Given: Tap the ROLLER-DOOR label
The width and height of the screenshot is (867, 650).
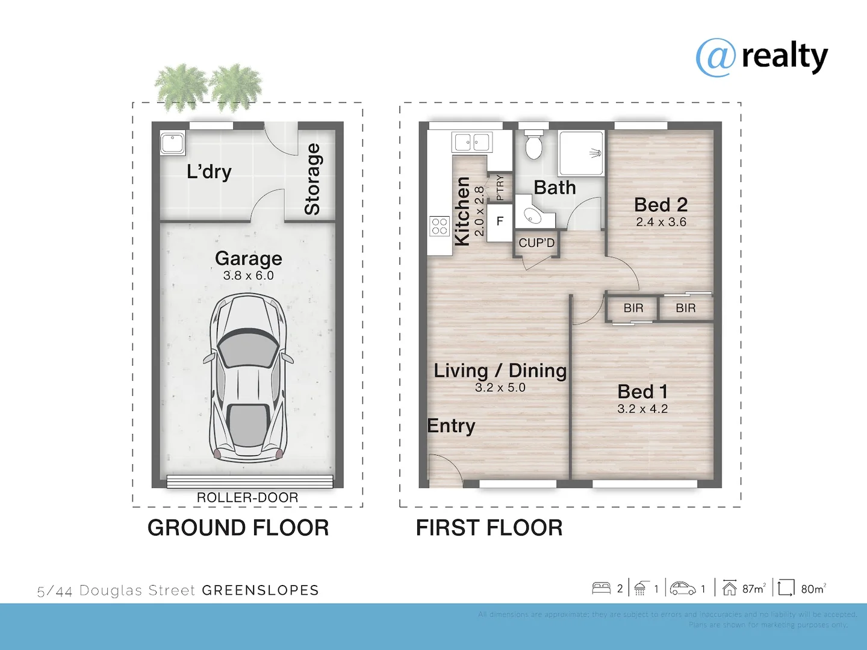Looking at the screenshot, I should [247, 498].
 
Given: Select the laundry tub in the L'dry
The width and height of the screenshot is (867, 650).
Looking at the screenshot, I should [173, 144].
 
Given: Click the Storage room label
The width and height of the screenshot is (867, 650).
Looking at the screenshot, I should [312, 179].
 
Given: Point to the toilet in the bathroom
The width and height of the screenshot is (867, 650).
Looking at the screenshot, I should [533, 144].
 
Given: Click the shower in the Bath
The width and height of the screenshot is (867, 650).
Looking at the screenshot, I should [581, 153].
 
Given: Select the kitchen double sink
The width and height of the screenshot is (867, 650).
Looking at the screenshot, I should [472, 143].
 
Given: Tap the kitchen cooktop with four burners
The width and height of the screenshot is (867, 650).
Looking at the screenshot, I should [440, 226].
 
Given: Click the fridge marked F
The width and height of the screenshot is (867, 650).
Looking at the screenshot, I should [500, 221].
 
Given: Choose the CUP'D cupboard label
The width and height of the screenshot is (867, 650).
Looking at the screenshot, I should [536, 243].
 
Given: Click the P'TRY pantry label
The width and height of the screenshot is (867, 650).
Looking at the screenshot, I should [500, 187].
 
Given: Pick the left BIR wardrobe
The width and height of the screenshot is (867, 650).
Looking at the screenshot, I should [633, 308].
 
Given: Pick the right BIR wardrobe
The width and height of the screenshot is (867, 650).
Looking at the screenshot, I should [686, 308].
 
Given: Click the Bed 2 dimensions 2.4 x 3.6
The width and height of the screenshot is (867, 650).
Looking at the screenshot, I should [661, 222].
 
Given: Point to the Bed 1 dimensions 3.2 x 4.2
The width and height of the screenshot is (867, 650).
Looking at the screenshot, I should [642, 409].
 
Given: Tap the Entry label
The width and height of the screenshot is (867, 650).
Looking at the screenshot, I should [451, 426].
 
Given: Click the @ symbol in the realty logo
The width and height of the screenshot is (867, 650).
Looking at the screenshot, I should [716, 58].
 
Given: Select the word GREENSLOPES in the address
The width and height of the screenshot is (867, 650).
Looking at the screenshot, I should [260, 590].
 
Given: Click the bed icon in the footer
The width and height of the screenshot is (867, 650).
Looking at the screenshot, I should [601, 589].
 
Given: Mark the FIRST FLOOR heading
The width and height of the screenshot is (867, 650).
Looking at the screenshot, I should [489, 528].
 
